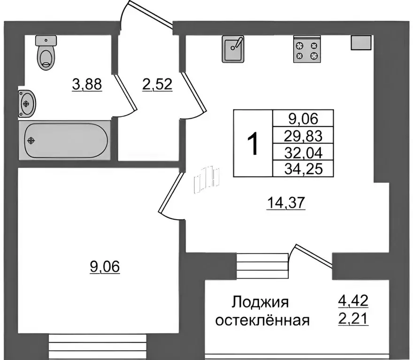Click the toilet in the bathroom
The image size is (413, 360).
[x=46, y=53]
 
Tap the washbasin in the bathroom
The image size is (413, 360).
[x=27, y=102]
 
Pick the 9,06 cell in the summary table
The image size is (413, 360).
[x=303, y=118]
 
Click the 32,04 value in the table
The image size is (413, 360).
[x=303, y=152]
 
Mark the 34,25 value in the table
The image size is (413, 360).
[x=303, y=168]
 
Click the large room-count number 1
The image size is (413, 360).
[x=253, y=144]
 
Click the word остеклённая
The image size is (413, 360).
[x=261, y=321]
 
